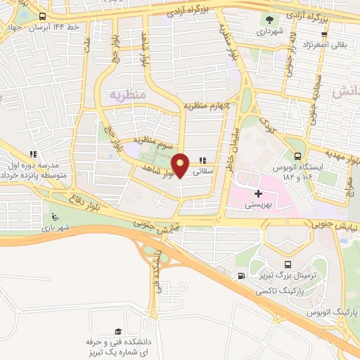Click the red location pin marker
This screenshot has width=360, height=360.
coord(181,166)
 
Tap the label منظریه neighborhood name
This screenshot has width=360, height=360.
coord(126,94)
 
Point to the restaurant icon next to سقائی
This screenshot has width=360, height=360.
coord(203,160)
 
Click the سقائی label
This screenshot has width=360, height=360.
coord(203,171)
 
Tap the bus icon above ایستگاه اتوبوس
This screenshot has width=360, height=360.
coord(298,156)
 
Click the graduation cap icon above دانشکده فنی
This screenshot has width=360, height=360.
coord(118,330)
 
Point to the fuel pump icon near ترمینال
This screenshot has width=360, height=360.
coord(243,275)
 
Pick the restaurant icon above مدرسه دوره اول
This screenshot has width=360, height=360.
coord(32,154)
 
